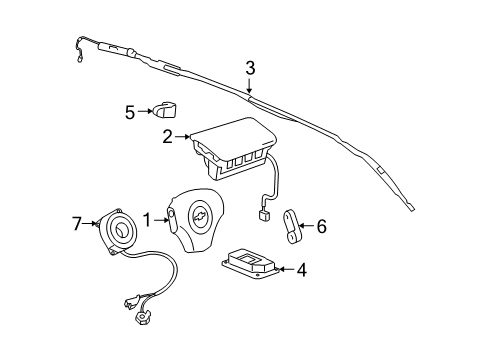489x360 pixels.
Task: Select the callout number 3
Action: pyautogui.click(x=251, y=68)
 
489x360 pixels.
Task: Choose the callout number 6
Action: pyautogui.click(x=322, y=227)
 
